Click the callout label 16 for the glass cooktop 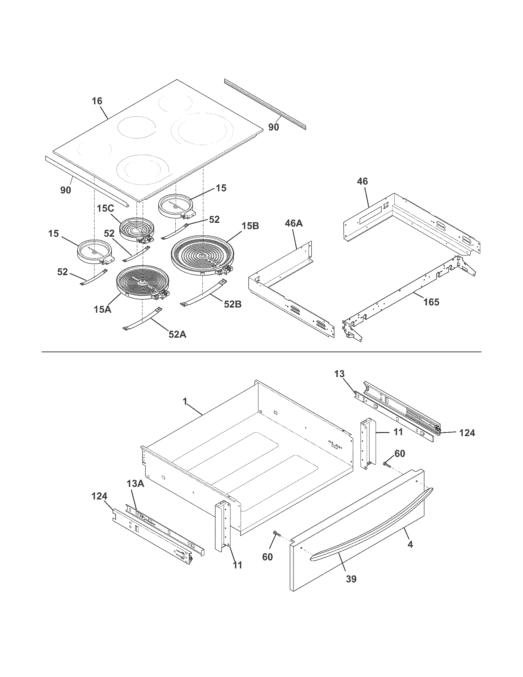(x=97, y=101)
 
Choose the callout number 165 (x=431, y=302)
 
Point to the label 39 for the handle (x=351, y=579)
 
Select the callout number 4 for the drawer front (x=410, y=544)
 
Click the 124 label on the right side (x=467, y=433)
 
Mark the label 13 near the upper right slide (x=340, y=374)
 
